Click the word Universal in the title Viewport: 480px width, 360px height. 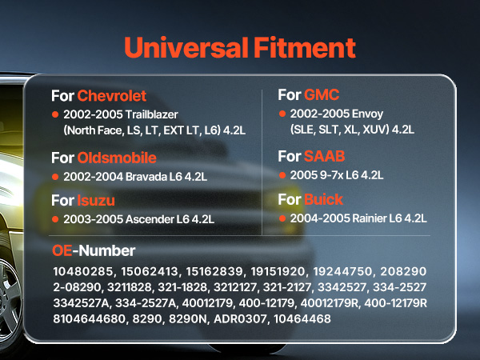pyautogui.click(x=186, y=47)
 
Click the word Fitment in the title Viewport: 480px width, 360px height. pyautogui.click(x=305, y=47)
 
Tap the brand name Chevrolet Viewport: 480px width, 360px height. pyautogui.click(x=112, y=96)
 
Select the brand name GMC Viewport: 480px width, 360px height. pyautogui.click(x=322, y=94)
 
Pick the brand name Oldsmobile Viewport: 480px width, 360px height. pyautogui.click(x=117, y=158)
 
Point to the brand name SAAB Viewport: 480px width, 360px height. pyautogui.click(x=325, y=156)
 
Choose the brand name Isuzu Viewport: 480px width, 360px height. pyautogui.click(x=96, y=201)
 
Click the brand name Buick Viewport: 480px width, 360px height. pyautogui.click(x=323, y=199)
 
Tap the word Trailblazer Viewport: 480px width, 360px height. pyautogui.click(x=152, y=114)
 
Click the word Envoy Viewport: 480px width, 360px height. pyautogui.click(x=367, y=114)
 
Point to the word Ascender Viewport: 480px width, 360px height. pyautogui.click(x=150, y=219)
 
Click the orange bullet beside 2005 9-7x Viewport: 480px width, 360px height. pyautogui.click(x=282, y=175)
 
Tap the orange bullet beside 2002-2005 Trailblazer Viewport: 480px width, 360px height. pyautogui.click(x=55, y=114)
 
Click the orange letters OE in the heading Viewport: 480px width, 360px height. pyautogui.click(x=62, y=250)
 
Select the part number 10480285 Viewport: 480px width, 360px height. pyautogui.click(x=83, y=271)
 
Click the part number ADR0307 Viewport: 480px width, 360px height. pyautogui.click(x=240, y=318)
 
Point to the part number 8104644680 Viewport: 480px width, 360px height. pyautogui.click(x=90, y=318)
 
